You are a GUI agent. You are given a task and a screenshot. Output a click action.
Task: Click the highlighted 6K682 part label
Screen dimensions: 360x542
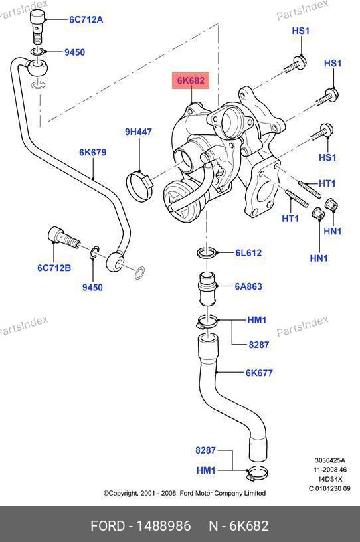(x=191, y=80)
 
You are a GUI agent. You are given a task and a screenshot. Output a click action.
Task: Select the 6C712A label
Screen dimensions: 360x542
(x=86, y=19)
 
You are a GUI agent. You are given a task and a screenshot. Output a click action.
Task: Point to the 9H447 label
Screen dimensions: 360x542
(x=138, y=132)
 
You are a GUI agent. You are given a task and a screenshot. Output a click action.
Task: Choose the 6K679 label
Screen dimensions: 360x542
(x=93, y=153)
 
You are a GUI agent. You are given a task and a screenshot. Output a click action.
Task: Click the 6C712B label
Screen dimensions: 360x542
(x=54, y=268)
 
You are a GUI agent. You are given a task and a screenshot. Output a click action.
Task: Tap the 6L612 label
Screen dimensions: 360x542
(x=248, y=252)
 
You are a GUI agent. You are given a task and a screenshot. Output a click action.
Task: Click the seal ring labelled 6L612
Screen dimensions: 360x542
(x=207, y=252)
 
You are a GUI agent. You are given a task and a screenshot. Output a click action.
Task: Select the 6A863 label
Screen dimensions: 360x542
(x=248, y=286)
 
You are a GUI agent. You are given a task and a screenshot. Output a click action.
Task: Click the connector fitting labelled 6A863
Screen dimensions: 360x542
(x=207, y=288)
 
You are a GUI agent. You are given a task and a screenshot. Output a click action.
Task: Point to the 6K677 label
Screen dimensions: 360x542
(x=259, y=373)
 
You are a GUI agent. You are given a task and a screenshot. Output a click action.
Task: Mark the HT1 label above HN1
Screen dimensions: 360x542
(x=290, y=218)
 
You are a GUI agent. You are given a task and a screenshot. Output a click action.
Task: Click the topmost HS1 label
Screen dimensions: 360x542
(x=300, y=31)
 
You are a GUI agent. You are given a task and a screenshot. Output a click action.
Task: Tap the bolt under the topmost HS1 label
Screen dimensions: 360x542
(x=295, y=64)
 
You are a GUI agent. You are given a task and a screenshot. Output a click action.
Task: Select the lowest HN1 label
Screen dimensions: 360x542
(x=319, y=258)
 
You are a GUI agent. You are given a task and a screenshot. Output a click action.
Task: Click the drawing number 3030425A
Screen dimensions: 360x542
(x=330, y=460)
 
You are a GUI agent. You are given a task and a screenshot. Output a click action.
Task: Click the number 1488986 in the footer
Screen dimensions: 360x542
(x=163, y=526)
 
